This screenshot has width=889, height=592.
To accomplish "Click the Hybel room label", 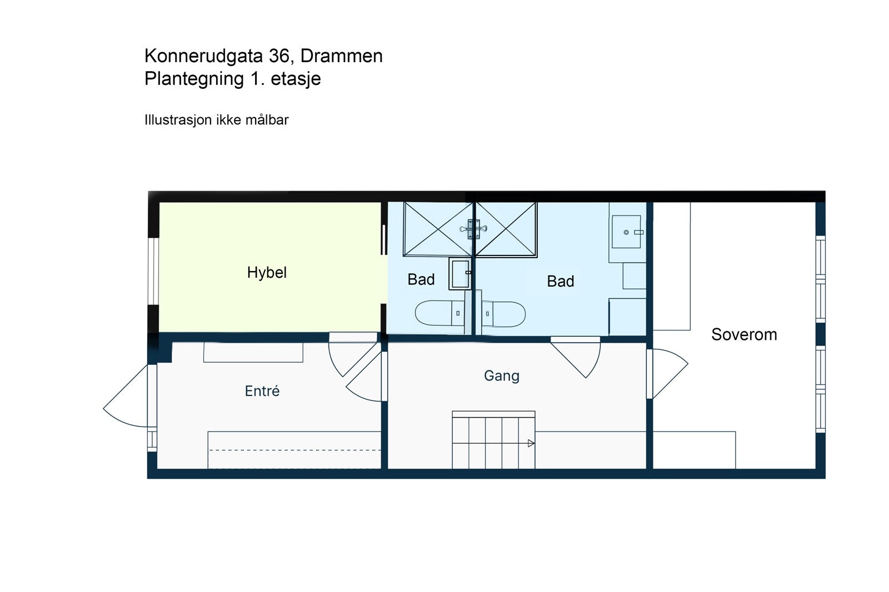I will coord(267,273).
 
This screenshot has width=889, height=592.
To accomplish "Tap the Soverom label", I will coord(743,334).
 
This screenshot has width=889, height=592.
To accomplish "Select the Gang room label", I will coord(501,376).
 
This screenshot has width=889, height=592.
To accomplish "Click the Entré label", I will coord(262,391).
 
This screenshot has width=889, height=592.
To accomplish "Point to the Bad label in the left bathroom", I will coord(421,279).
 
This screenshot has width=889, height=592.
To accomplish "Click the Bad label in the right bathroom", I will coord(560,282).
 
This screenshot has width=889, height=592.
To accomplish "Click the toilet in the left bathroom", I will coord(439,313).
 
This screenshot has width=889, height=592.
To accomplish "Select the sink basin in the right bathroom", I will coord(627,232).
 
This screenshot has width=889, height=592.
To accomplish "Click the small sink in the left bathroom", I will coord(460,274).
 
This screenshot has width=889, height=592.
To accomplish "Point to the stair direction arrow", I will coord(531,443).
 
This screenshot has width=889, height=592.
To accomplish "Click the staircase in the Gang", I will coord(493,442).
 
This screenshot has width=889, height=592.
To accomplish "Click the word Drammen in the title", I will coord(341,56).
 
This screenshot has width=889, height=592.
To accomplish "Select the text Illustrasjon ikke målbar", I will coord(216,120).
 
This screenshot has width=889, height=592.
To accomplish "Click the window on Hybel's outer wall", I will coord(153,271).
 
